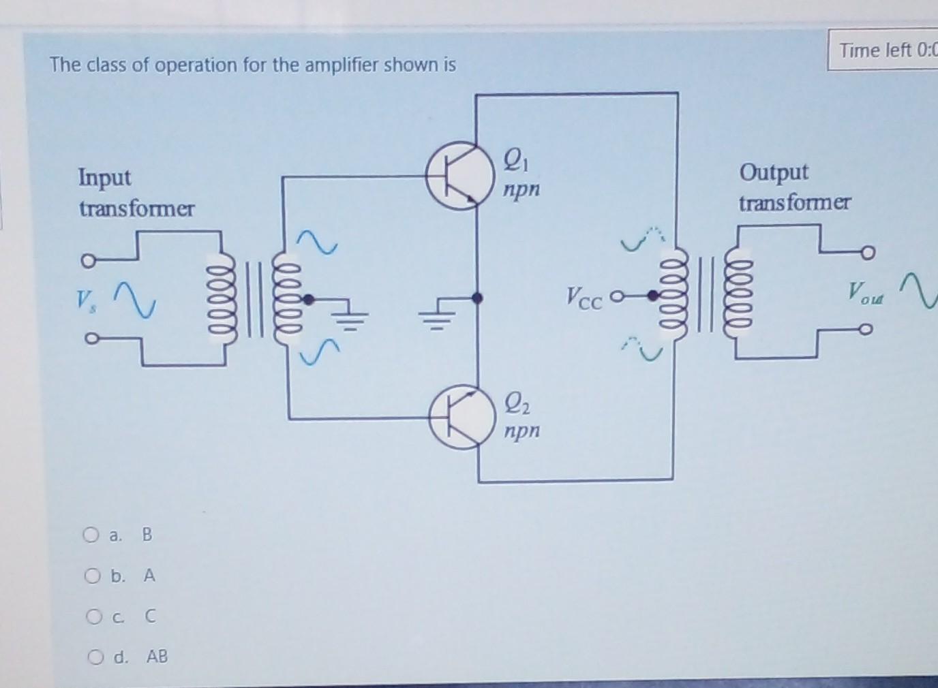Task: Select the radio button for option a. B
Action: point(91,535)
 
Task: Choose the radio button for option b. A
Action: point(93,576)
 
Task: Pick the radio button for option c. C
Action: point(94,617)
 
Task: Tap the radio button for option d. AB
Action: point(95,657)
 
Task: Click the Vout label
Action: point(864,293)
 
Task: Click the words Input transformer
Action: point(136,193)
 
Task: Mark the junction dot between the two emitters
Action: point(477,298)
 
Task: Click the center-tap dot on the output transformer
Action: point(652,296)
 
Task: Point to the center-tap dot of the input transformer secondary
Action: point(309,298)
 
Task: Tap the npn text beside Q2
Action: point(521,431)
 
